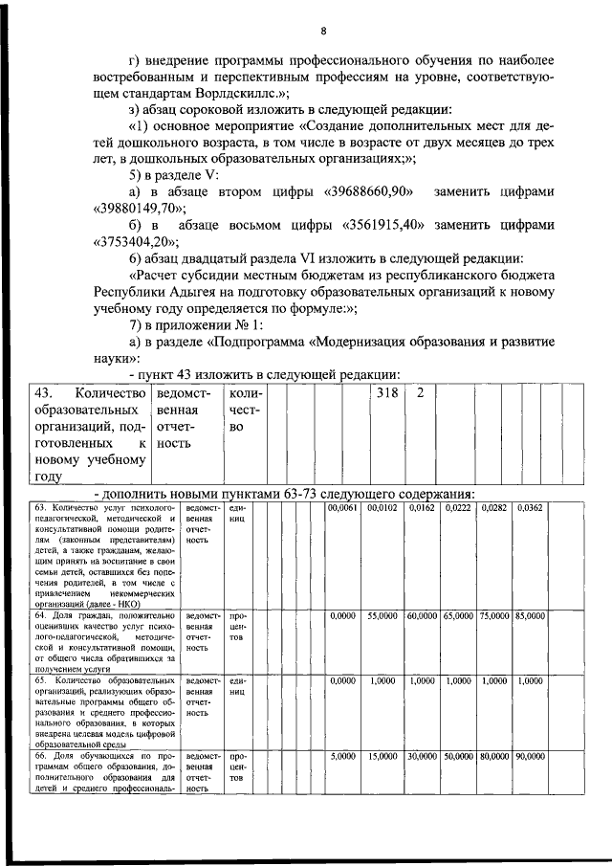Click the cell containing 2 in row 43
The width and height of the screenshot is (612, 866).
click(x=420, y=393)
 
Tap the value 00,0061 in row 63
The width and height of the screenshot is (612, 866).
click(x=342, y=508)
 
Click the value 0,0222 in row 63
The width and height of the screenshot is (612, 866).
click(x=458, y=508)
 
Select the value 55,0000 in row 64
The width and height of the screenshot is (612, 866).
click(x=382, y=616)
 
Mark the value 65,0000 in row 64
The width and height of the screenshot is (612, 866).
click(x=458, y=616)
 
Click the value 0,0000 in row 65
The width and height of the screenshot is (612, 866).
click(x=342, y=681)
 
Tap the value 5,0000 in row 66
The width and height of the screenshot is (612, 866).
click(x=342, y=756)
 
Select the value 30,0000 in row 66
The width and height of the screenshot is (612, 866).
click(x=422, y=756)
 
